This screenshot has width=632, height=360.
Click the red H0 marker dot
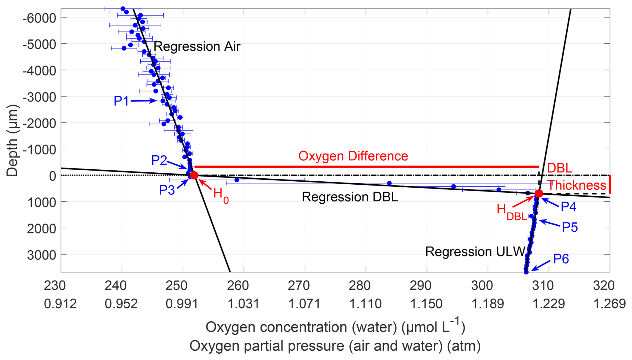(194, 175)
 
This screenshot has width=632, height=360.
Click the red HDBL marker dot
(539, 194)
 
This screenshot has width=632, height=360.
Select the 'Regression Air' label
(197, 46)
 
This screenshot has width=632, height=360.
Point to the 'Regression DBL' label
(350, 197)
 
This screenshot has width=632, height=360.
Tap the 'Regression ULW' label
(475, 251)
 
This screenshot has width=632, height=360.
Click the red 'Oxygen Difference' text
(353, 156)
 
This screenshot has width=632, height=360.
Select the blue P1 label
(121, 101)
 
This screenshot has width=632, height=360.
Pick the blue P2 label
(159, 160)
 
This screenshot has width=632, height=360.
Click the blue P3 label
(167, 190)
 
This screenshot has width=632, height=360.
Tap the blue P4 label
(569, 207)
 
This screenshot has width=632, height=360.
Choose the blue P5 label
(570, 227)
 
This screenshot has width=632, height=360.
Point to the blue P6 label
(561, 259)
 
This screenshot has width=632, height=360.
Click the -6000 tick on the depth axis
(39, 18)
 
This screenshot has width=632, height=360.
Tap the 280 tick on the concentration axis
(359, 286)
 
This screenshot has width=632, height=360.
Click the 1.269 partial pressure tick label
(609, 304)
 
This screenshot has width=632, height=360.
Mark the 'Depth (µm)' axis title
(12, 140)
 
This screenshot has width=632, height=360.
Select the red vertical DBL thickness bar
(610, 184)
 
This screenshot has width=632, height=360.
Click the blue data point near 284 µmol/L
(389, 183)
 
